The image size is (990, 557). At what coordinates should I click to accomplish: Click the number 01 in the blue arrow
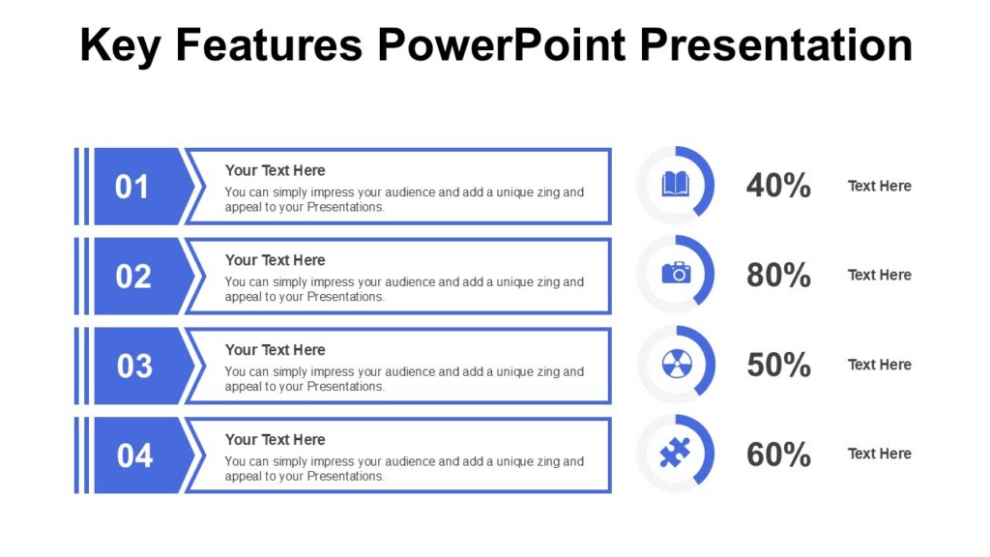tap(132, 187)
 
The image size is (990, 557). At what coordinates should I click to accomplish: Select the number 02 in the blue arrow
tap(133, 277)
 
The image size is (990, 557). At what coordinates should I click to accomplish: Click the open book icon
tap(676, 184)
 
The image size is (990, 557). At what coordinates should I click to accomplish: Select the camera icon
tap(676, 273)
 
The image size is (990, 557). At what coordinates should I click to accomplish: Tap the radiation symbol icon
tap(676, 365)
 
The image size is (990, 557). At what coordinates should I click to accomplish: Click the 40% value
tap(778, 186)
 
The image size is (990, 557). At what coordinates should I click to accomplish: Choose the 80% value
tap(778, 276)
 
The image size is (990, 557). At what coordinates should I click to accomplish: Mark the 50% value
tap(778, 366)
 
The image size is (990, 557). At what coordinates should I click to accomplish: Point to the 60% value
tap(778, 454)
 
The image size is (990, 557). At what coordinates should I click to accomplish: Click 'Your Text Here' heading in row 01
tap(275, 170)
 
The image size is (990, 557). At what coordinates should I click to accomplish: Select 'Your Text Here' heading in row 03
tap(275, 350)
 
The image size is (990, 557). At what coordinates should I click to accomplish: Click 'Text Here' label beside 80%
tap(879, 275)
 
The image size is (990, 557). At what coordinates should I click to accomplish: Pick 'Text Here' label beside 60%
tap(879, 454)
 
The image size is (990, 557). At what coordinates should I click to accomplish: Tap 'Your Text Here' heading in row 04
tap(275, 439)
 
